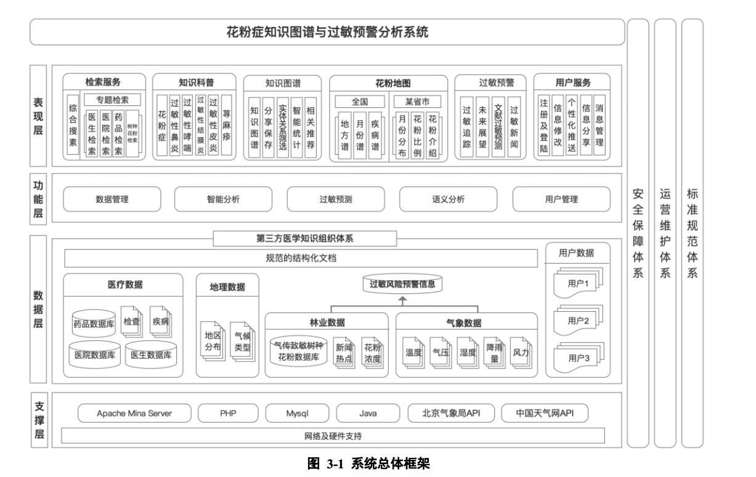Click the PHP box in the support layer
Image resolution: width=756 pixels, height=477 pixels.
click(x=228, y=413)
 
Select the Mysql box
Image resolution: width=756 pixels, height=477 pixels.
click(x=297, y=413)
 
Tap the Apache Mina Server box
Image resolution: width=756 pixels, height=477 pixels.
click(x=134, y=413)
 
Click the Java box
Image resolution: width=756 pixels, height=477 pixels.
click(x=368, y=413)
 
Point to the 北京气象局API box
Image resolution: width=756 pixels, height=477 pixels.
click(x=450, y=413)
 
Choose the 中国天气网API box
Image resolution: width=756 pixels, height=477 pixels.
click(x=544, y=413)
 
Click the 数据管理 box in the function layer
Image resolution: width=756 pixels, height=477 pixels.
click(x=112, y=199)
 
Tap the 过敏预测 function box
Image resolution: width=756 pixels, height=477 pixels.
click(x=336, y=199)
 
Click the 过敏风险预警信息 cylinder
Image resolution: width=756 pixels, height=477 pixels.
click(x=402, y=284)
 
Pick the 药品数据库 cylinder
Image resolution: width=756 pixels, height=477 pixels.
click(x=94, y=322)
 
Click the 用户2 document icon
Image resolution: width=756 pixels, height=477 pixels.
click(x=577, y=320)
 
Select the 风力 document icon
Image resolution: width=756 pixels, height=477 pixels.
click(x=521, y=353)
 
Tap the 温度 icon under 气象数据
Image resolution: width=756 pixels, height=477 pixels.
click(x=413, y=353)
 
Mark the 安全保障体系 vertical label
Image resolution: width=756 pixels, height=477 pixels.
click(x=638, y=234)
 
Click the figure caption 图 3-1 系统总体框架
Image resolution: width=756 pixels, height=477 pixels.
click(x=368, y=464)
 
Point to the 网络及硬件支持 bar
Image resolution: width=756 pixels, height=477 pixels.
click(x=333, y=436)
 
